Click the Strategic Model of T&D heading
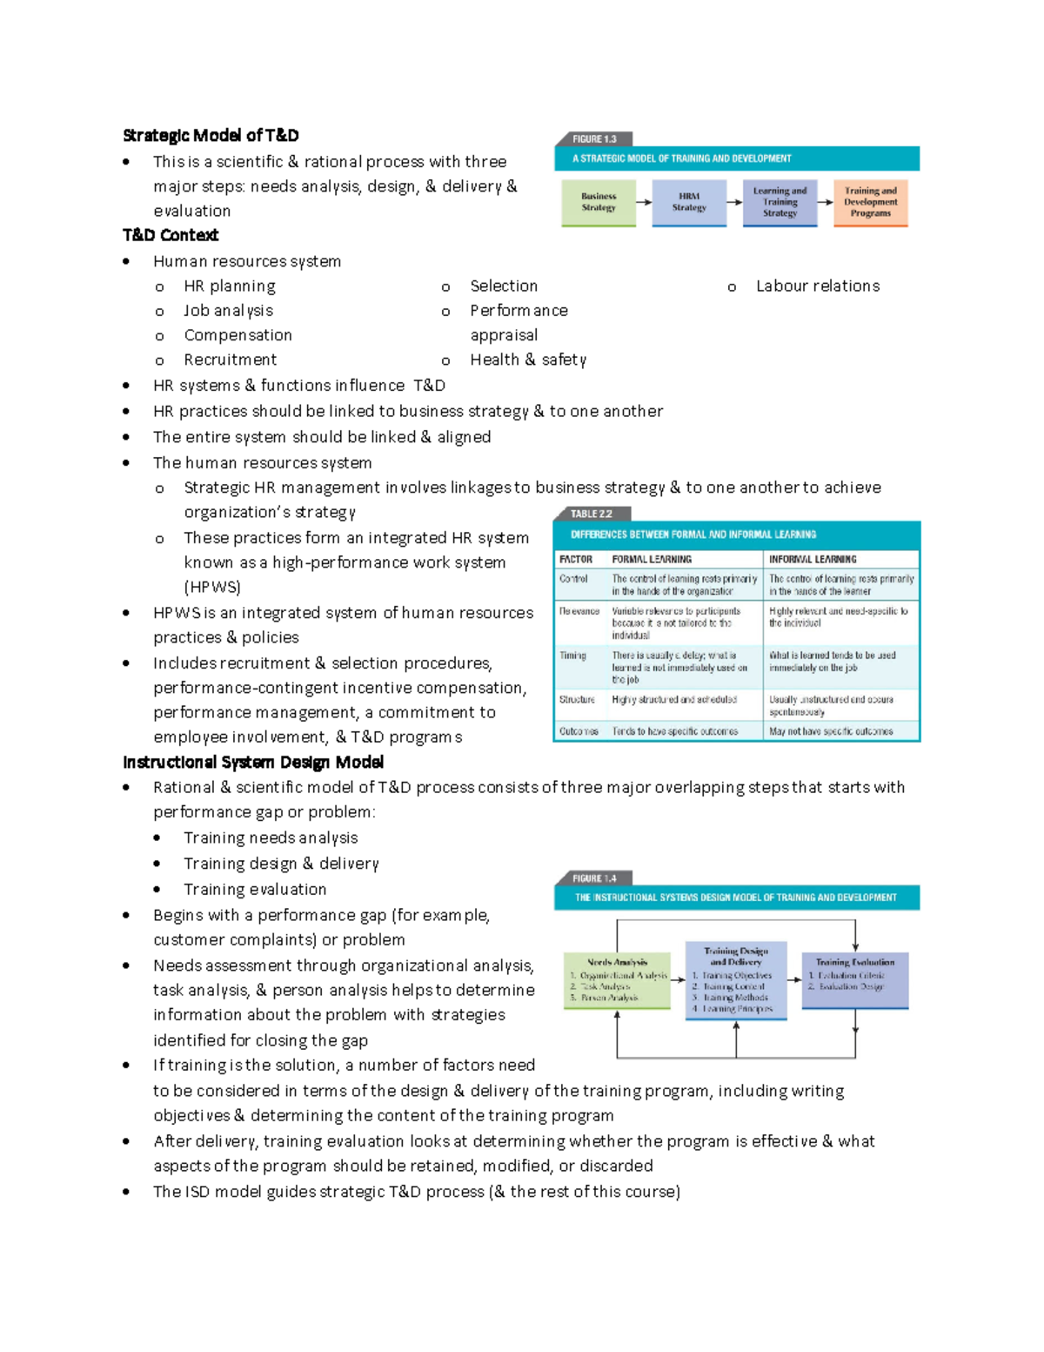[x=211, y=135]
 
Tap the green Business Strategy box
[x=599, y=202]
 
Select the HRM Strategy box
[x=689, y=202]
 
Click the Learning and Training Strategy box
[x=780, y=202]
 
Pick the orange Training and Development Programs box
[x=870, y=202]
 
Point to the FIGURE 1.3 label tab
[x=593, y=138]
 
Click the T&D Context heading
[x=171, y=235]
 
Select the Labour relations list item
[x=817, y=286]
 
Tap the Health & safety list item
[x=527, y=360]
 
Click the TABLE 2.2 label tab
[x=592, y=514]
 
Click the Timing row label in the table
[x=572, y=656]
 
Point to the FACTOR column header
[x=575, y=559]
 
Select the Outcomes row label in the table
[x=579, y=731]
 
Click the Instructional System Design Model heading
[x=253, y=762]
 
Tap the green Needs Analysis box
[x=617, y=979]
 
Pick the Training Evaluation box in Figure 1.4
[x=854, y=979]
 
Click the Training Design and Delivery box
[x=735, y=979]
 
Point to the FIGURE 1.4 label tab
[x=593, y=878]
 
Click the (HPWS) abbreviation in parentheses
[x=212, y=587]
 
